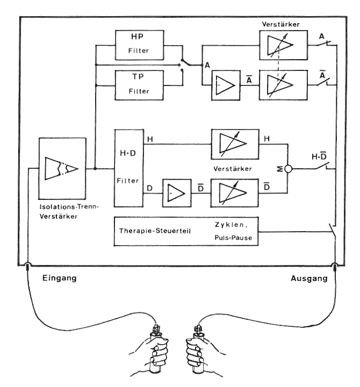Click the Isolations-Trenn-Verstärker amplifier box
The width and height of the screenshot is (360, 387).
click(x=63, y=168)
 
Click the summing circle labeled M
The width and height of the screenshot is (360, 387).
click(x=288, y=168)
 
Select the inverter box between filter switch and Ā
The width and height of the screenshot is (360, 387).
click(x=226, y=85)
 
